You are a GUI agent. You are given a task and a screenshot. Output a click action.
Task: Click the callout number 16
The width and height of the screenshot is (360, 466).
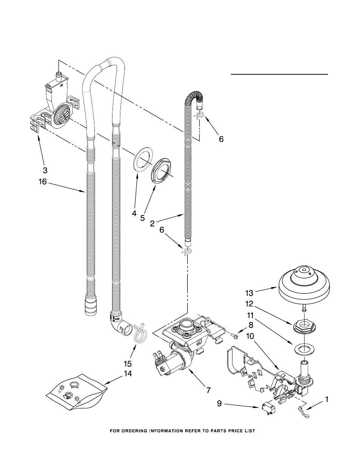(43, 181)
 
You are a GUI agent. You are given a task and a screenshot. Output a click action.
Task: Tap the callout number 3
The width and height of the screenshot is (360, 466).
(45, 170)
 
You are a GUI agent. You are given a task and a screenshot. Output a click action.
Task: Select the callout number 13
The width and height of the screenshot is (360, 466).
(249, 293)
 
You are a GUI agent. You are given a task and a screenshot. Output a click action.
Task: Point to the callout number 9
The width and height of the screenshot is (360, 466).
(219, 404)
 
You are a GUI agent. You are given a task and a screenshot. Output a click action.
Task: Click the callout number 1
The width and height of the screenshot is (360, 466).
(327, 399)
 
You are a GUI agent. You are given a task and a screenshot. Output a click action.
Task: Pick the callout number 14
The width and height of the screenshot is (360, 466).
(128, 379)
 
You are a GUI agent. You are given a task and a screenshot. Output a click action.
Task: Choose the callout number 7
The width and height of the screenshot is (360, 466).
(208, 390)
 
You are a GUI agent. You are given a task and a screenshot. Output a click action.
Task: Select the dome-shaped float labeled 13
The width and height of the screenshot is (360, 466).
(304, 287)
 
